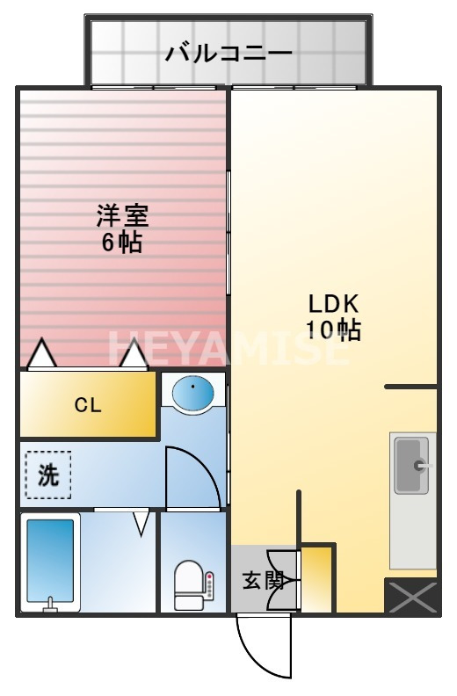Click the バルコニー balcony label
228,54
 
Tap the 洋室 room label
122,214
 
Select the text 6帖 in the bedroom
122,243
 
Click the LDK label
333,303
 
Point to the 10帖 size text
333,330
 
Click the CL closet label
87,405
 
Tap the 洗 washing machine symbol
47,475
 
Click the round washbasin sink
192,393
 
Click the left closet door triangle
41,354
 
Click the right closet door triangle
134,354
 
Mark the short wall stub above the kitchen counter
411,386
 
